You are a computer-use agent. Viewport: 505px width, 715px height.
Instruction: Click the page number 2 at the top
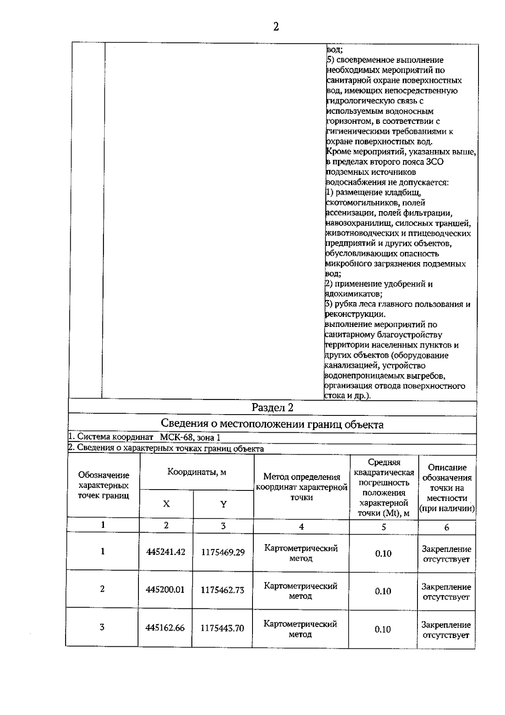tap(276, 27)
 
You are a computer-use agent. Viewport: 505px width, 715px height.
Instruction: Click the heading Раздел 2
tap(272, 407)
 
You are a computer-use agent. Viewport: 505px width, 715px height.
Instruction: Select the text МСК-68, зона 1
tap(190, 438)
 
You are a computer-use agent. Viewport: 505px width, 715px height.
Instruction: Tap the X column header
tap(166, 504)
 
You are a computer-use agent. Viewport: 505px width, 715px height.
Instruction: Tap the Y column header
tap(223, 504)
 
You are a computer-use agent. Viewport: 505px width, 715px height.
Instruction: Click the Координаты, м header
tap(197, 472)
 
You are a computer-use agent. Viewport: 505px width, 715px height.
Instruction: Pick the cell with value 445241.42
tap(166, 552)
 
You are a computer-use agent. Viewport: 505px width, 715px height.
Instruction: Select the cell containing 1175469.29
tap(223, 552)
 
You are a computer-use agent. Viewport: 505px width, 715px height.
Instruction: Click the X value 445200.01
tap(165, 590)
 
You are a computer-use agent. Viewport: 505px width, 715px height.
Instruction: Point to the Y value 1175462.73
tap(222, 590)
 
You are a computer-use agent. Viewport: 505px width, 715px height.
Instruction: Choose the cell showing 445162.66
tap(165, 628)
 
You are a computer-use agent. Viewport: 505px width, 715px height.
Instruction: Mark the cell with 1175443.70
tap(222, 628)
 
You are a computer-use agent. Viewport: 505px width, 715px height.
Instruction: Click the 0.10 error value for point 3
tap(383, 629)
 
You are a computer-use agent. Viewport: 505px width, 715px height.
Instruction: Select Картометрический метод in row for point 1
tap(301, 553)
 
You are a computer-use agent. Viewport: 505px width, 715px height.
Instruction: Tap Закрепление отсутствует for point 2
tap(446, 592)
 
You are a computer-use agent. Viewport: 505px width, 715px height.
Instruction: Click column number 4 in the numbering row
tap(301, 527)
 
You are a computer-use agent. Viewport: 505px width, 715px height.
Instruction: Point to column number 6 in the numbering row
tap(447, 527)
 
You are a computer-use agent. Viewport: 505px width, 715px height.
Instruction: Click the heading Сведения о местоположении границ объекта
tap(272, 424)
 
